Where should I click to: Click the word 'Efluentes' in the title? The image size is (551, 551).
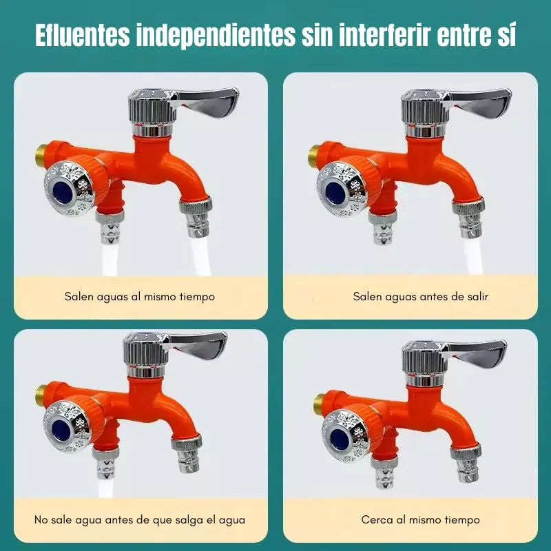coord(83,35)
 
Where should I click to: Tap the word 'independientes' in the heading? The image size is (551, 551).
coord(216,35)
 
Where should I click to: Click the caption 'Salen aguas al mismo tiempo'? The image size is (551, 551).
coord(140,297)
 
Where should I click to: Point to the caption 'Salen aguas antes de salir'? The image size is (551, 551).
coord(421,297)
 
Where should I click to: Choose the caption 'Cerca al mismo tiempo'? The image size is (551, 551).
coord(421,519)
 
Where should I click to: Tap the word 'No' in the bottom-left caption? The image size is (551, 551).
coord(41,519)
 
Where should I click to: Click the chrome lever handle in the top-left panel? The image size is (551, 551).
coord(205,102)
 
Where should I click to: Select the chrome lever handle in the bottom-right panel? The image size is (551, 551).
coord(476,353)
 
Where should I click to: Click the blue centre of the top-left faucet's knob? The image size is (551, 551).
coord(63,193)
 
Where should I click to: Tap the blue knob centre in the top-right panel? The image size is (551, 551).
coord(335,193)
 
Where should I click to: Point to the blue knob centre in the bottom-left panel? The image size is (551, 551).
coord(61,431)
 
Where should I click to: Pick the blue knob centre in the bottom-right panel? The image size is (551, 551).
coord(340,439)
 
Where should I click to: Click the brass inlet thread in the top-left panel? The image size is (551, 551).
coord(41,154)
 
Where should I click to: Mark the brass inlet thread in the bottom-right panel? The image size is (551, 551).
coord(319,404)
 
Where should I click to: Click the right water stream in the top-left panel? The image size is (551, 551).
coord(200,256)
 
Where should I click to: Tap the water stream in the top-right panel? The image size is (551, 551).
coord(472,256)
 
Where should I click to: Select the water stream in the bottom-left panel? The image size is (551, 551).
coord(105,488)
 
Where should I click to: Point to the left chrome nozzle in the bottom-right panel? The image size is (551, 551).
coord(384,472)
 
